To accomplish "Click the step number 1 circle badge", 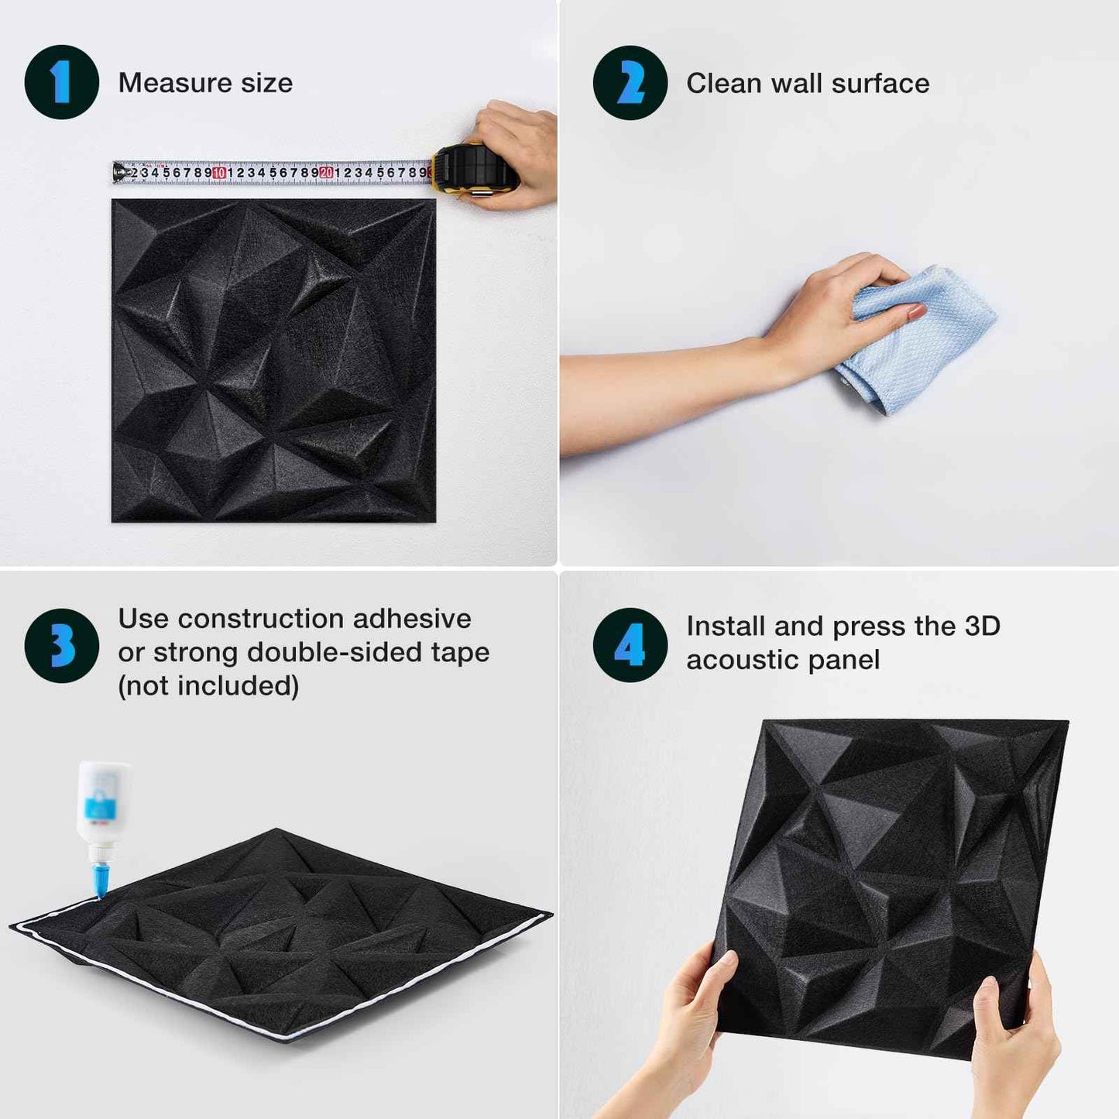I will click(62, 82).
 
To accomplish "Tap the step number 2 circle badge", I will click(630, 83).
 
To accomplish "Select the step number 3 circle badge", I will click(62, 645).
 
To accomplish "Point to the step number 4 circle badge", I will click(630, 645).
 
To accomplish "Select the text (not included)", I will click(208, 686).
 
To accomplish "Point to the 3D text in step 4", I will click(982, 626).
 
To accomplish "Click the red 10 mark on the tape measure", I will click(219, 173).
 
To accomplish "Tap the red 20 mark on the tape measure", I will click(326, 173).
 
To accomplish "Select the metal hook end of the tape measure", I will click(118, 172).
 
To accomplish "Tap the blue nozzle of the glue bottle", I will click(100, 880).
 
